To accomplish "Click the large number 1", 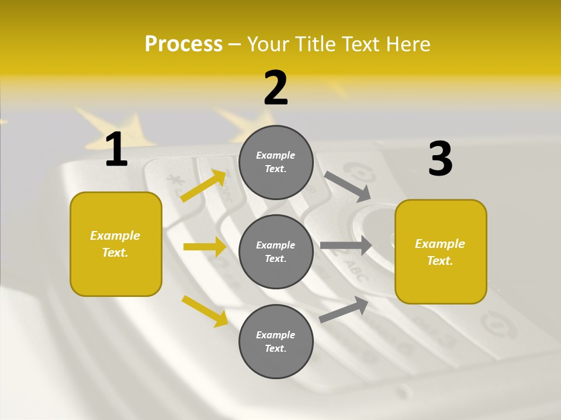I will (x=116, y=150).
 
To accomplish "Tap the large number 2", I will (x=276, y=88).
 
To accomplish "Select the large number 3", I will (x=440, y=159).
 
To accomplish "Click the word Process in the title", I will (x=183, y=44).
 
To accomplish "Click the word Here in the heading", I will (x=408, y=44).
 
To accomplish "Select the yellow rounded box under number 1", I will (x=116, y=244).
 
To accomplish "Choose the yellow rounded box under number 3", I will (x=441, y=251).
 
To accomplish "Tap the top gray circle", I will (x=276, y=162).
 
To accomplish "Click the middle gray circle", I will (x=276, y=251).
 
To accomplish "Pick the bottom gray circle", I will (x=276, y=341).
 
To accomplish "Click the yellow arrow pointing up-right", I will (x=203, y=185).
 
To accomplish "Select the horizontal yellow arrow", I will (x=205, y=247).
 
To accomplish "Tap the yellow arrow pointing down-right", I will (x=205, y=311).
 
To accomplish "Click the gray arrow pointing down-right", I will (x=348, y=185).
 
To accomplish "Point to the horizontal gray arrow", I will (x=346, y=246).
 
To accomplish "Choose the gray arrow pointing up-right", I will (x=344, y=309).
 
